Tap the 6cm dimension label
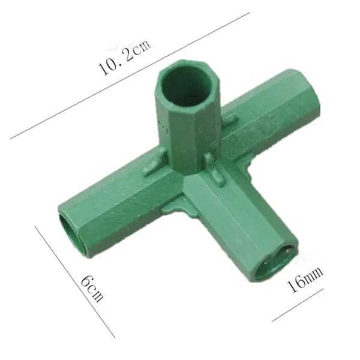(92, 288)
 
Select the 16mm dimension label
(305, 280)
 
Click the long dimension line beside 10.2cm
(130, 76)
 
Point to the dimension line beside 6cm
(75, 282)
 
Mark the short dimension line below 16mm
(298, 305)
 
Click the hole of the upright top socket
(186, 86)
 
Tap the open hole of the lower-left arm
(73, 235)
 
